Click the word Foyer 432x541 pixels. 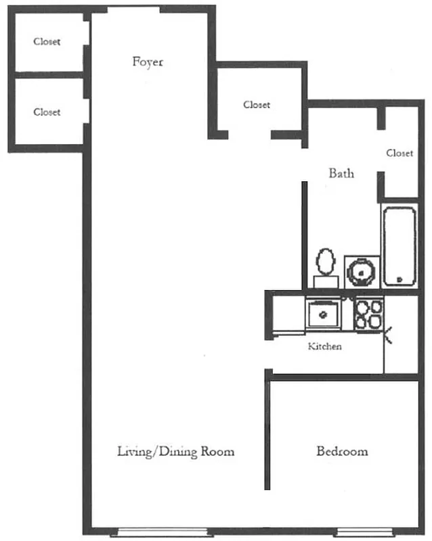[x=147, y=62]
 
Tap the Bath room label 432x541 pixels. [x=341, y=173]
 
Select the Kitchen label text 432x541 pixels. [x=325, y=347]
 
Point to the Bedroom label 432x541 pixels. [x=342, y=451]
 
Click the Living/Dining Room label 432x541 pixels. [x=175, y=451]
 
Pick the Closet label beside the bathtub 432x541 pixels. [x=399, y=154]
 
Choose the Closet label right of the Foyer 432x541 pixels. [x=257, y=105]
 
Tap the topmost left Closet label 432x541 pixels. [x=47, y=42]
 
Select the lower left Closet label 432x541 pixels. [x=47, y=112]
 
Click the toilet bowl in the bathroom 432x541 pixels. [x=326, y=260]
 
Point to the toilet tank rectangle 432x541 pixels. [x=326, y=281]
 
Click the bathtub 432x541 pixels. [x=399, y=247]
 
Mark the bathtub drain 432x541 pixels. [x=399, y=279]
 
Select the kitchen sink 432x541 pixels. [x=324, y=314]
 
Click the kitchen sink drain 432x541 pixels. [x=324, y=314]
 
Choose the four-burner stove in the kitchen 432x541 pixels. [x=369, y=314]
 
